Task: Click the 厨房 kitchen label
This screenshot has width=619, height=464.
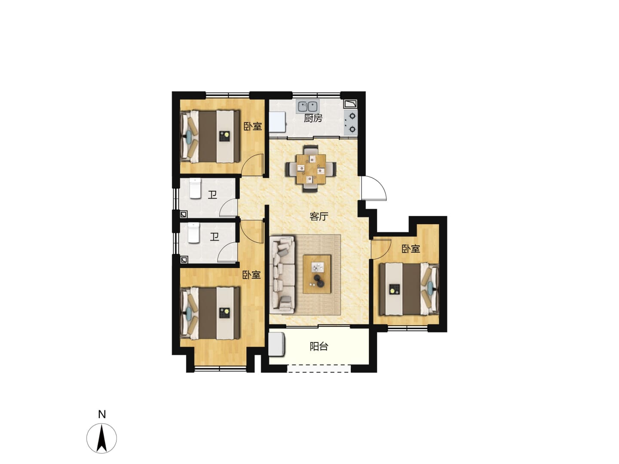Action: point(313,118)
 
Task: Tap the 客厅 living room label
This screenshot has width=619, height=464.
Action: point(319,217)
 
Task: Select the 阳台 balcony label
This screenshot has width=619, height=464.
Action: point(319,347)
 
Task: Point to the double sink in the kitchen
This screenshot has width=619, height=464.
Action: point(307,107)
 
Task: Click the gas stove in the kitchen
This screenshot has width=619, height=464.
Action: point(350,123)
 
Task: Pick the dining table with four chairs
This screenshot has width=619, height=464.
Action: point(311,168)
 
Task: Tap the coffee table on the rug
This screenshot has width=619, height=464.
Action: point(317,274)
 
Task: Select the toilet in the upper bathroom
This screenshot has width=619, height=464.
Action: point(195,189)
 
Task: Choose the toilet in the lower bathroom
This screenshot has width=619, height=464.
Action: point(194,233)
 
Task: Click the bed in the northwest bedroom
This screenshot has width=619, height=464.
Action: point(210,136)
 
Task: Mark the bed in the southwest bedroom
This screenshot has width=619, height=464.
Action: point(210,313)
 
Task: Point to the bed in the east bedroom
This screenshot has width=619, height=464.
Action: point(409,289)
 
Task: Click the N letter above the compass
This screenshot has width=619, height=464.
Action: point(102,415)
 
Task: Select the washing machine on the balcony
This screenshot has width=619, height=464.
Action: point(277,344)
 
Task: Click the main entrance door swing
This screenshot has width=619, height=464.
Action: point(374,188)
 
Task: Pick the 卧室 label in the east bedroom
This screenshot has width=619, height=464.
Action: point(411,249)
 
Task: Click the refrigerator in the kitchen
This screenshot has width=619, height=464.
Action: point(278,122)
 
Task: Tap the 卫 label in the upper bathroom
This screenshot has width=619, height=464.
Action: point(212,195)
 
